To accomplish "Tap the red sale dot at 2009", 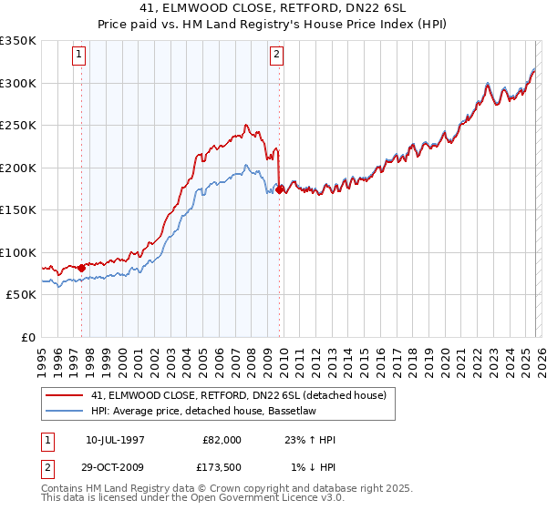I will [280, 189].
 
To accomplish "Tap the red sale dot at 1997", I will [82, 268].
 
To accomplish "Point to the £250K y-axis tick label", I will [18, 126].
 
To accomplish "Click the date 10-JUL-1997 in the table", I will [115, 440].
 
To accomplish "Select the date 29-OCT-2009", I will [115, 467].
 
